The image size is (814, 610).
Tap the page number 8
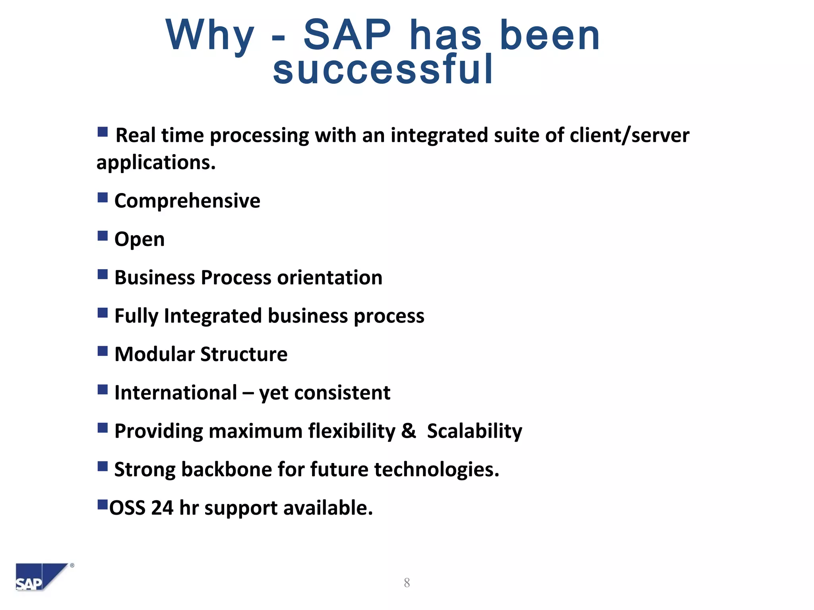[x=407, y=583]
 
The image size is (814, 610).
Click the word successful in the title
[x=383, y=69]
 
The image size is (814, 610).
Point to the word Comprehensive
[x=187, y=201]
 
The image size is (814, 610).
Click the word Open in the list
[x=139, y=239]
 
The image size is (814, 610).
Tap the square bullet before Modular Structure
[x=103, y=351]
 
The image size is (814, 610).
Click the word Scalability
[x=475, y=432]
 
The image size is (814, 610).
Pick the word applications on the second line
[x=156, y=163]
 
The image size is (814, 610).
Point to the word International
[x=176, y=393]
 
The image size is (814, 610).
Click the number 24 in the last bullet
[x=162, y=508]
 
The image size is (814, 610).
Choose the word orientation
[x=329, y=278]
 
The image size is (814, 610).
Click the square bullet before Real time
[x=103, y=132]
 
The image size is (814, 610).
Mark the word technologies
[x=436, y=470]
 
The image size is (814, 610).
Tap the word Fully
[x=136, y=317]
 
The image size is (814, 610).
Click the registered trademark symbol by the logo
[x=72, y=566]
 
